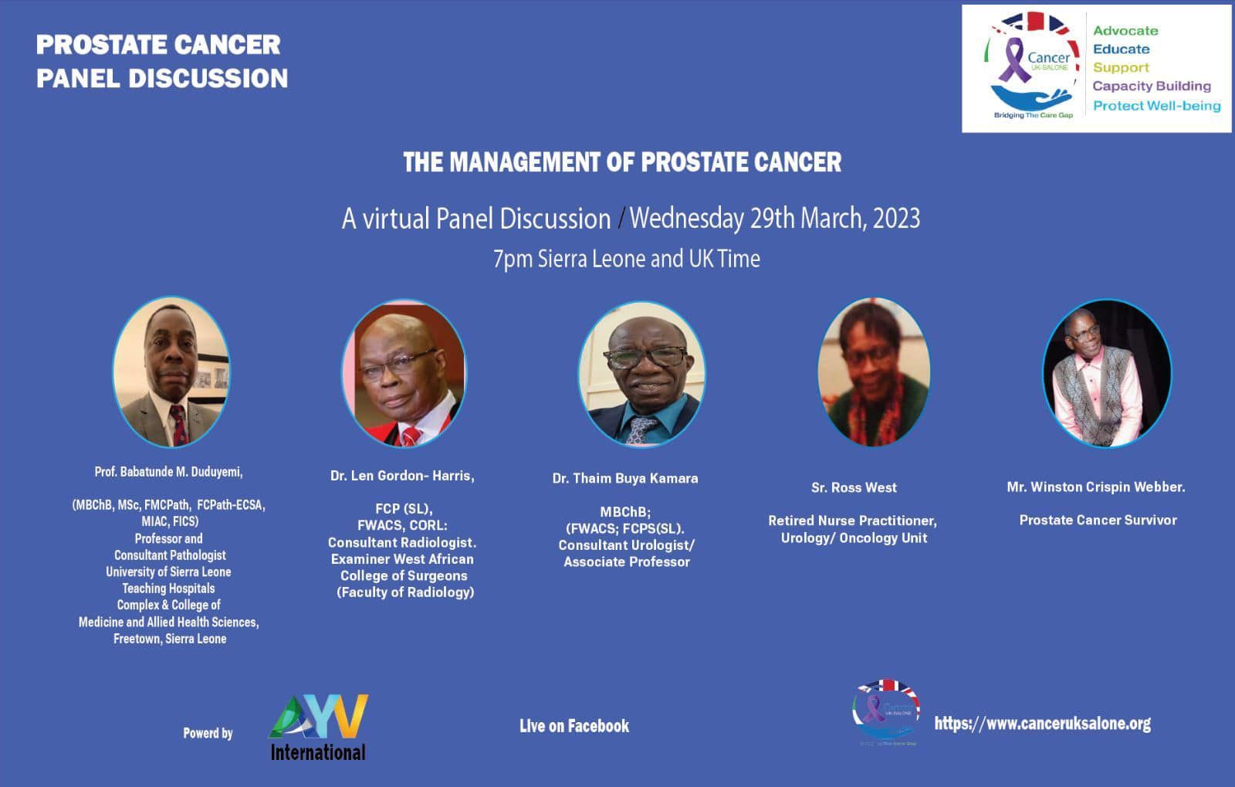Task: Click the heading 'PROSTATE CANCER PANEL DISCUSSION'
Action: click(x=161, y=61)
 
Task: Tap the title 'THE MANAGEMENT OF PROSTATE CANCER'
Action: click(x=622, y=162)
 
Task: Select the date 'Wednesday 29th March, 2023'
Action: click(x=774, y=219)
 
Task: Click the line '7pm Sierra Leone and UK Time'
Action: click(x=626, y=259)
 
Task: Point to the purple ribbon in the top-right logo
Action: click(x=1012, y=62)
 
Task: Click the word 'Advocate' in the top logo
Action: click(x=1125, y=31)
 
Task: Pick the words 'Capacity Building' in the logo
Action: click(x=1151, y=86)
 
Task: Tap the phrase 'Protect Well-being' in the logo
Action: click(x=1156, y=106)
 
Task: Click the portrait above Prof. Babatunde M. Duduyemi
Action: click(x=171, y=372)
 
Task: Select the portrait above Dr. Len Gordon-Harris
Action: click(x=404, y=373)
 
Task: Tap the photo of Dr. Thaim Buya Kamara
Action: click(x=641, y=373)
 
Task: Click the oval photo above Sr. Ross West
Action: click(x=873, y=373)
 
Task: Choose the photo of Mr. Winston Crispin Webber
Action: click(x=1106, y=373)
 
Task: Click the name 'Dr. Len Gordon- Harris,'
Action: click(x=402, y=476)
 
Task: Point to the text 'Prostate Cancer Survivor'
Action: click(x=1098, y=520)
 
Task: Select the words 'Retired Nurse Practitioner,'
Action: click(x=852, y=521)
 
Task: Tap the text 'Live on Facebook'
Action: click(x=574, y=726)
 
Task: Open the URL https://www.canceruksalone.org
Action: click(x=1042, y=724)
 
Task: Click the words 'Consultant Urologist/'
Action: click(x=626, y=545)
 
